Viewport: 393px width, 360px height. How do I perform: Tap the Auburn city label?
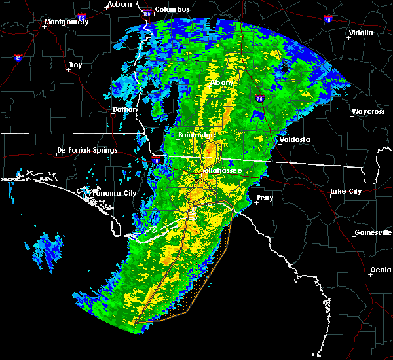pos(120,4)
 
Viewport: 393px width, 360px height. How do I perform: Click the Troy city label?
pos(75,65)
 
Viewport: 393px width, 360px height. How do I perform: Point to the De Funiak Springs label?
pos(87,150)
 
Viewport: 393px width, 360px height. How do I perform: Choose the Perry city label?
pos(265,197)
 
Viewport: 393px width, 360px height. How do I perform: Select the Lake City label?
pos(345,191)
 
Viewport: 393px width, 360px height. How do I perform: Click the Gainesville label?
pos(373,232)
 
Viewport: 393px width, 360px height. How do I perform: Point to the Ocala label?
pos(380,270)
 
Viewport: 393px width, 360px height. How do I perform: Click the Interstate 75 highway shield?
pos(260,98)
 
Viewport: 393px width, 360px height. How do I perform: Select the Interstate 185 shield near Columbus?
pos(147,13)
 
